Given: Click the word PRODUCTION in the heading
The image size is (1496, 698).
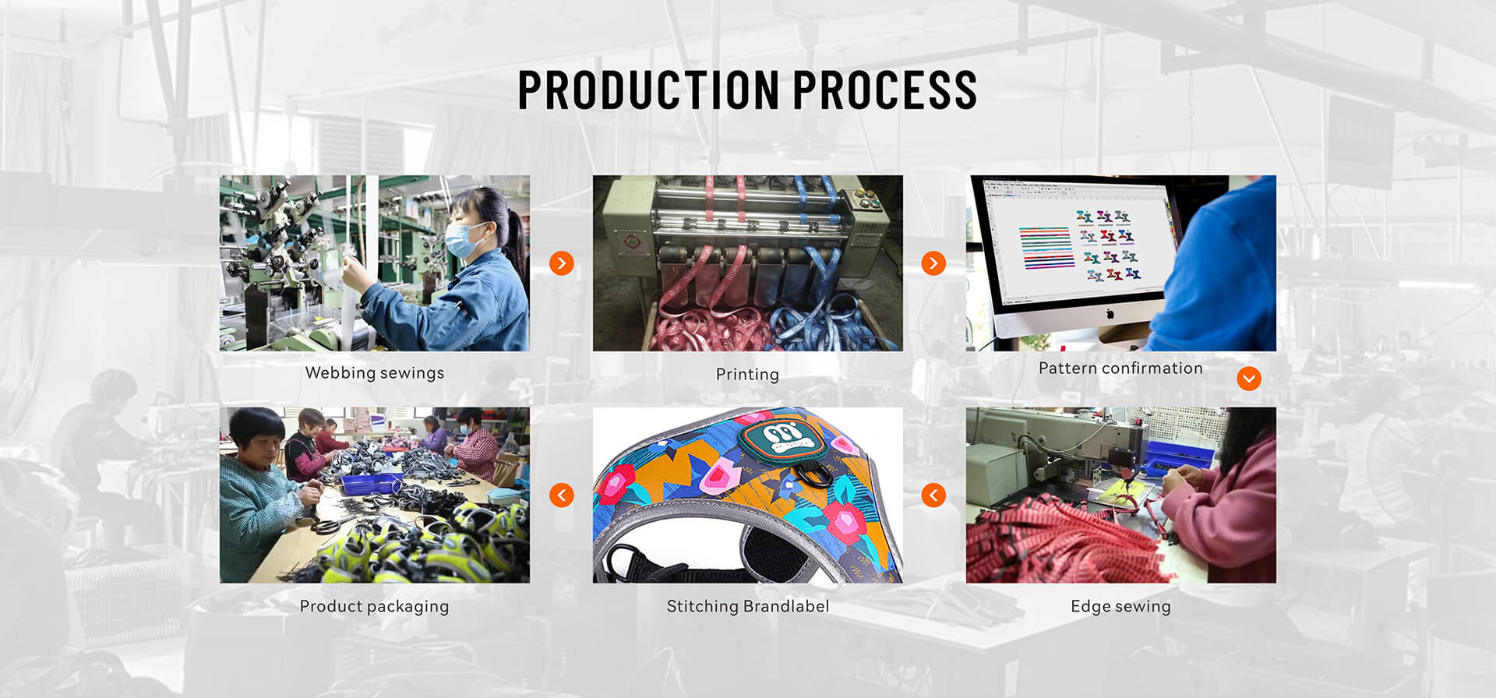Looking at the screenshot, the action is [x=649, y=90].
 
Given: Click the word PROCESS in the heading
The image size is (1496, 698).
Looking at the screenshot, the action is [x=885, y=90].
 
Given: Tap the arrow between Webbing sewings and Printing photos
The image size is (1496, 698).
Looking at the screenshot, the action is [x=562, y=263].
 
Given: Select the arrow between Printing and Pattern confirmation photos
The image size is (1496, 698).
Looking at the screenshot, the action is [x=933, y=263].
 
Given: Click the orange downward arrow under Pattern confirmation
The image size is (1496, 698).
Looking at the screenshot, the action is [x=1249, y=379].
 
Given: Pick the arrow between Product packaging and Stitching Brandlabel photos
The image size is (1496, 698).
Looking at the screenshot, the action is [x=562, y=495].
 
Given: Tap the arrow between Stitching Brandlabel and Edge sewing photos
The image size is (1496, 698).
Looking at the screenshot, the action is [x=933, y=495].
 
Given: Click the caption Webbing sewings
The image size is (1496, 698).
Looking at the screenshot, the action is [x=375, y=373].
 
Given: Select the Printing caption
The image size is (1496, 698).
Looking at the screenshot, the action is [x=747, y=375].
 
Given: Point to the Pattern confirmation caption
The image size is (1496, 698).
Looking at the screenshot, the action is [x=1120, y=368].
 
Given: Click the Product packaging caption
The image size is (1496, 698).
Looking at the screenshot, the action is [x=374, y=606].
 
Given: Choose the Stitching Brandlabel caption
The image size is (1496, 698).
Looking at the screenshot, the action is [x=748, y=606].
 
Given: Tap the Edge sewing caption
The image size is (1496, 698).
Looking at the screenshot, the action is [x=1120, y=607].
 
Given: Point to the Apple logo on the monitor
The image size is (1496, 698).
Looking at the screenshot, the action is [x=1110, y=314].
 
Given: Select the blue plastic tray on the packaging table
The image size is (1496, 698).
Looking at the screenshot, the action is [x=372, y=484].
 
